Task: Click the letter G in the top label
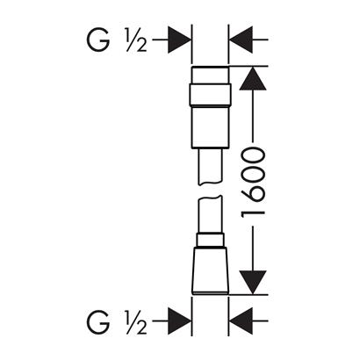98,40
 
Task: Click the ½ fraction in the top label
136,40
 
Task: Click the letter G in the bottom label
98,321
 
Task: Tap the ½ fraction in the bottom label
136,321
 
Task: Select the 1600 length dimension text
253,183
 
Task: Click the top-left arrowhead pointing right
179,40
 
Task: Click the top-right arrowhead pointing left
241,40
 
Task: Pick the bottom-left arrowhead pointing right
179,321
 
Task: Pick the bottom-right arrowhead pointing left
241,321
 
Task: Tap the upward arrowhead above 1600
253,78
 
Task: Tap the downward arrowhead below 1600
253,282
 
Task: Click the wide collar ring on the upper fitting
210,95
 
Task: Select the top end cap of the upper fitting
210,76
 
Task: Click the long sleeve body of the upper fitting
210,127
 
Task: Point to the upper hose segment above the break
210,167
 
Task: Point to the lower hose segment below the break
210,214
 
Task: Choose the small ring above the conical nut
210,241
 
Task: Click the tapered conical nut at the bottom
210,271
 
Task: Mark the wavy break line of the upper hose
210,184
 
